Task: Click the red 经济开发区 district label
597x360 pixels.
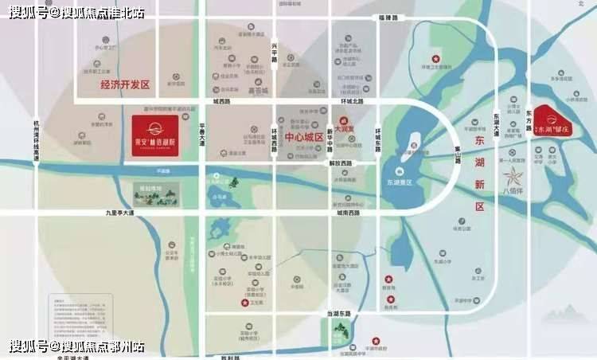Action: click(114, 84)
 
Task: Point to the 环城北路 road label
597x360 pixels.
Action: click(349, 102)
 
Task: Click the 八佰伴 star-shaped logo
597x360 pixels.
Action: click(515, 175)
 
